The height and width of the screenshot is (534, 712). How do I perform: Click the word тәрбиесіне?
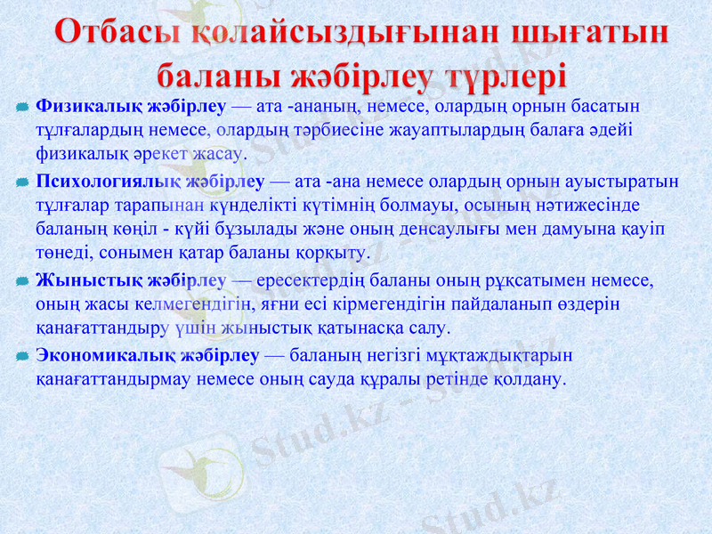325,130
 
